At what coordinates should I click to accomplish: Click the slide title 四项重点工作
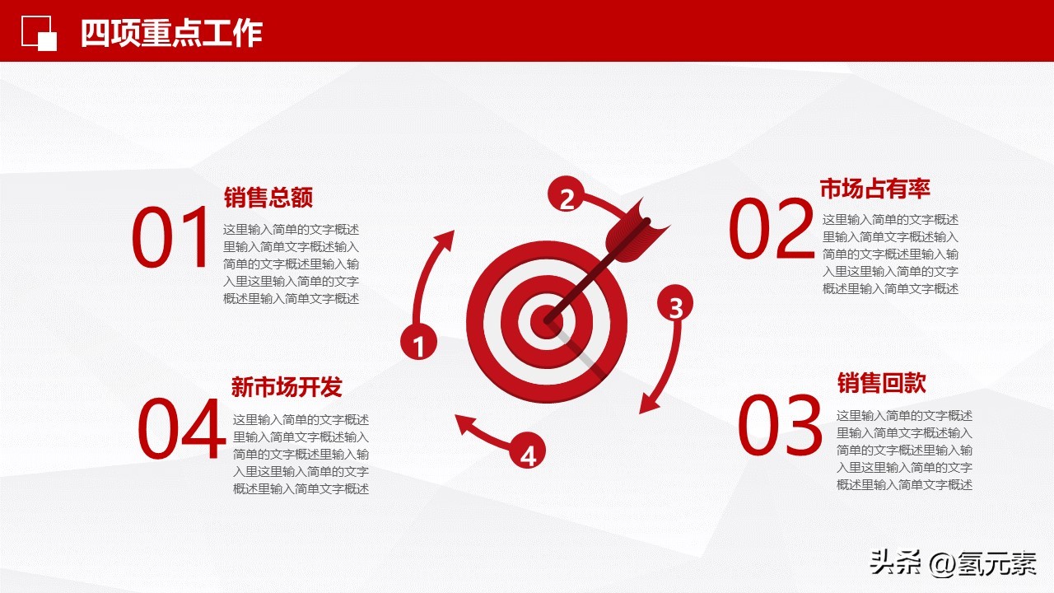pyautogui.click(x=171, y=34)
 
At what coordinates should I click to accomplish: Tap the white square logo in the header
pyautogui.click(x=40, y=33)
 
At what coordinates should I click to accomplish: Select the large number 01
pyautogui.click(x=172, y=239)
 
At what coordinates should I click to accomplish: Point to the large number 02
pyautogui.click(x=771, y=230)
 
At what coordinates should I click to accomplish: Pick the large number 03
pyautogui.click(x=779, y=426)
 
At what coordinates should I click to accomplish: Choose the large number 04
pyautogui.click(x=181, y=429)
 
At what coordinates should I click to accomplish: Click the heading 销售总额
pyautogui.click(x=268, y=198)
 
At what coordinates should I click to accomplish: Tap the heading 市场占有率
pyautogui.click(x=874, y=189)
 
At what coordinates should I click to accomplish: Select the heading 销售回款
pyautogui.click(x=881, y=383)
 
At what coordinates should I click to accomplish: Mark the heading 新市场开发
pyautogui.click(x=286, y=386)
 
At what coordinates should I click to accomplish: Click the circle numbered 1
pyautogui.click(x=418, y=344)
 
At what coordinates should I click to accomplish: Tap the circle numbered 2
pyautogui.click(x=567, y=198)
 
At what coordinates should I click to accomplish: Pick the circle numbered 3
pyautogui.click(x=675, y=306)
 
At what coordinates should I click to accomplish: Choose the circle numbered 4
pyautogui.click(x=528, y=453)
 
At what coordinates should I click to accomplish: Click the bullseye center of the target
pyautogui.click(x=544, y=320)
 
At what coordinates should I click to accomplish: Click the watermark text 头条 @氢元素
pyautogui.click(x=953, y=563)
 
